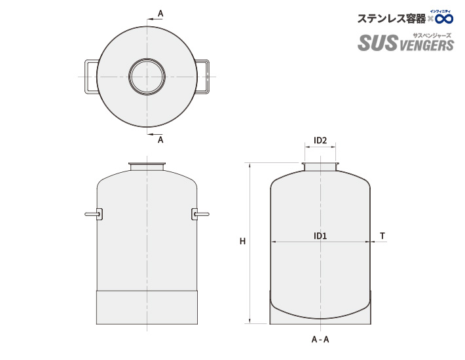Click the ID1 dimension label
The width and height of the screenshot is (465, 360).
click(320, 236)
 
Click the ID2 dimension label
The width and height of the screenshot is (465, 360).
click(320, 140)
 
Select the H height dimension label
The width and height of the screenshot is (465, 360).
click(242, 242)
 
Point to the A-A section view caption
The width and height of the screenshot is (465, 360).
click(320, 340)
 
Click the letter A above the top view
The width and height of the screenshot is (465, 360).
click(160, 13)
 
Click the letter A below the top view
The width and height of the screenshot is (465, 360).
click(160, 139)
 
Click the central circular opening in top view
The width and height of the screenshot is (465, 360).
click(147, 77)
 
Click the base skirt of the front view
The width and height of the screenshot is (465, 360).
click(147, 307)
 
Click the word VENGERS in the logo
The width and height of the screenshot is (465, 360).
click(426, 45)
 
